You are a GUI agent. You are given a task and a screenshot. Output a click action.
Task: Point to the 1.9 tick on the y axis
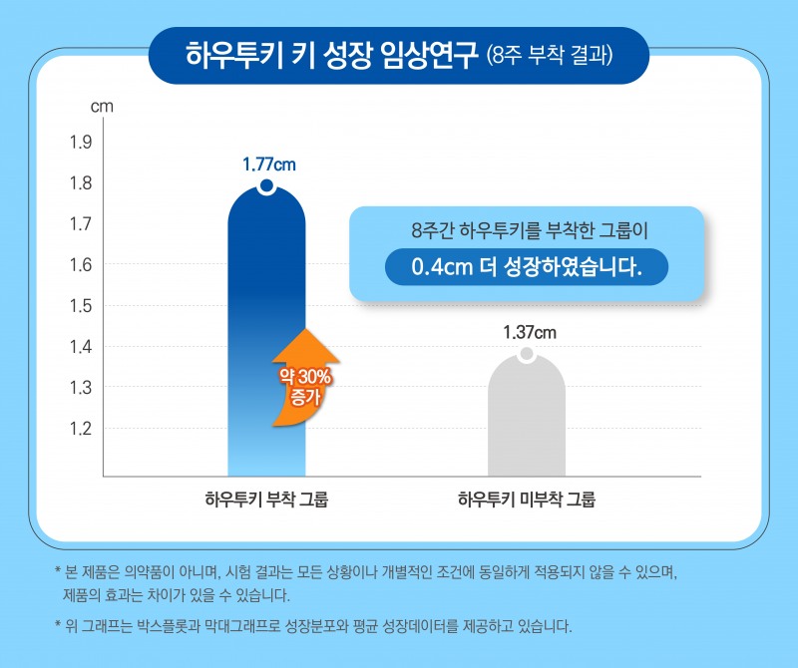(x=81, y=143)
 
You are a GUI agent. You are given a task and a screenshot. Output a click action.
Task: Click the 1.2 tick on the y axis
(x=81, y=429)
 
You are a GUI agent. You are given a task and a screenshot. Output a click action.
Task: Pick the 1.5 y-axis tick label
(x=81, y=306)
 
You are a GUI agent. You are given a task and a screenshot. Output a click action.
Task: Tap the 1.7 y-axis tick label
(x=81, y=224)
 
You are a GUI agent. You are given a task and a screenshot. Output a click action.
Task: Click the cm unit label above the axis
(x=102, y=104)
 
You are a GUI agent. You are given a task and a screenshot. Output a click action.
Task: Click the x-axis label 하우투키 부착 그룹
(x=266, y=499)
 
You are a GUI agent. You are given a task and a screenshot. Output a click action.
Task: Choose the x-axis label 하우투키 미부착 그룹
(x=527, y=499)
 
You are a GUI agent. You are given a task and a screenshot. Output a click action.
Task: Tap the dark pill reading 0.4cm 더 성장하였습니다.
(x=526, y=267)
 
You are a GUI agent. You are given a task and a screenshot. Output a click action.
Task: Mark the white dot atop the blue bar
(x=266, y=187)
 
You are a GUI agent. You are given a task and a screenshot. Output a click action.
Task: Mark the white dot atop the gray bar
(x=527, y=355)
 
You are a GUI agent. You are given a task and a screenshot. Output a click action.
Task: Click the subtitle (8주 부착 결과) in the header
(x=549, y=54)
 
